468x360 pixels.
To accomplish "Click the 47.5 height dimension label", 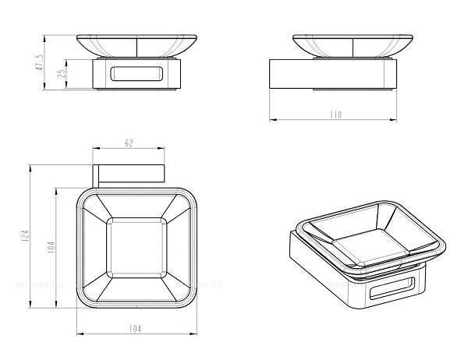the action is pos(41,62).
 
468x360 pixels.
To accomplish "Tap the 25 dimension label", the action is pos(61,73).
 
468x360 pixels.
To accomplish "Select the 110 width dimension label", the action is pos(335,115).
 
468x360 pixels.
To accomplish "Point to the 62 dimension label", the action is pos(129,143).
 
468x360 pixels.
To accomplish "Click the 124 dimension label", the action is pos(26,235).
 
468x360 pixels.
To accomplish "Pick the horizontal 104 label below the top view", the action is pos(136,329).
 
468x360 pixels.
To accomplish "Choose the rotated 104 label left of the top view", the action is pos(51,247).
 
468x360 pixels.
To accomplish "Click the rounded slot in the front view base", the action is pos(137,74).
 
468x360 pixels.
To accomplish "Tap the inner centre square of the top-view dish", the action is pos(136,248).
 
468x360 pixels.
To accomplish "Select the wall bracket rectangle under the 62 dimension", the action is pos(129,173).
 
